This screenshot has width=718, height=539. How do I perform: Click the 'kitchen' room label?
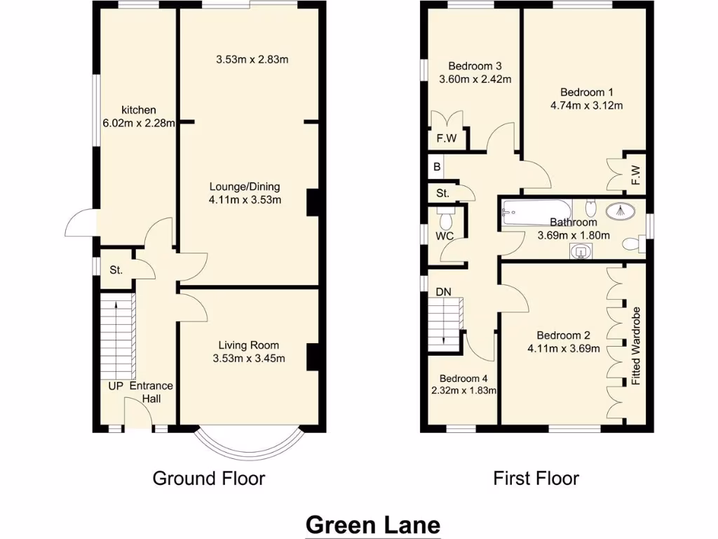point(139,110)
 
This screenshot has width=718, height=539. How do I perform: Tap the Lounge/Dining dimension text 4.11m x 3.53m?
point(245,200)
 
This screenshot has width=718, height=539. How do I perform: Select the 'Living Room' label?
point(248,345)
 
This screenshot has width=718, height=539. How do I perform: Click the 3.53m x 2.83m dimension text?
point(252,60)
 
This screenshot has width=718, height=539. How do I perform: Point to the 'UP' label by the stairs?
point(116,386)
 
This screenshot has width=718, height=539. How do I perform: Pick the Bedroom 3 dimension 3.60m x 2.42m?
point(475,79)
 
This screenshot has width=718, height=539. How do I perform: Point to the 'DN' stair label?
point(443,291)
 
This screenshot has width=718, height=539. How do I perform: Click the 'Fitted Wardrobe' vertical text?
point(636,345)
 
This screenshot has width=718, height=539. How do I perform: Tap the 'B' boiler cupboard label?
point(437,168)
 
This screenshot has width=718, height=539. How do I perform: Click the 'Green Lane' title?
point(373,524)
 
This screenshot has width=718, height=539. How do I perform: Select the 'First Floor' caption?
point(536,479)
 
